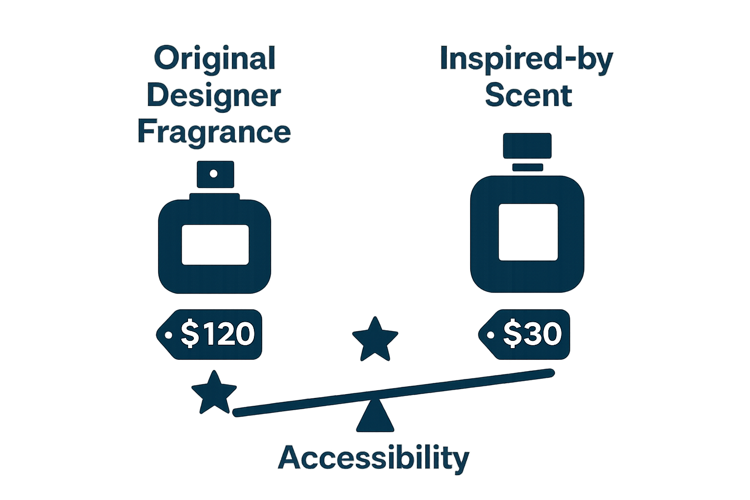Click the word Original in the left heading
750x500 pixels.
214,59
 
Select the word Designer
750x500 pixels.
213,96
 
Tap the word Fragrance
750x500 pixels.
214,132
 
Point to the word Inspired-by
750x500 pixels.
526,59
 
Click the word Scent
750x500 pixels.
528,95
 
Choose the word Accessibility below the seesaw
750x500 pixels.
374,458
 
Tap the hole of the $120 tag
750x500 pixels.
168,335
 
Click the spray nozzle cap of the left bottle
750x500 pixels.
215,174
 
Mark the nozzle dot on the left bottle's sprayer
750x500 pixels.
214,173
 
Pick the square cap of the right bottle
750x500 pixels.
527,146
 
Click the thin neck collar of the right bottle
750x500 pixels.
527,167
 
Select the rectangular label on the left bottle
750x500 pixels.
215,245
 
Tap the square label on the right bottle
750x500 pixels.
528,232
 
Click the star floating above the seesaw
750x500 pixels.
375,339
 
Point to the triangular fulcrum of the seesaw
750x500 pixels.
375,418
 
